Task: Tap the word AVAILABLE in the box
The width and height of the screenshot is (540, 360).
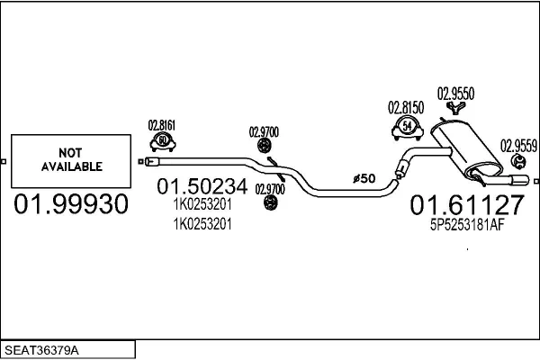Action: (x=72, y=166)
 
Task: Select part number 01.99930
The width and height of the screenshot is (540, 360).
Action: (x=71, y=205)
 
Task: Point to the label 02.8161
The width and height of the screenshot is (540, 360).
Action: (x=162, y=126)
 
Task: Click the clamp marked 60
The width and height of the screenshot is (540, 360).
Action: (x=162, y=141)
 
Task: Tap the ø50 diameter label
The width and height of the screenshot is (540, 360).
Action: (x=364, y=179)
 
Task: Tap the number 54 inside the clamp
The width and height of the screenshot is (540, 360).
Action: (x=409, y=127)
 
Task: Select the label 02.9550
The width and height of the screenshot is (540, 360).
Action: (x=455, y=93)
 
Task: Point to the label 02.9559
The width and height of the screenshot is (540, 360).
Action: (x=519, y=143)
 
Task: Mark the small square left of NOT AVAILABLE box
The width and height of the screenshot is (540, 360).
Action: (x=4, y=163)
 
